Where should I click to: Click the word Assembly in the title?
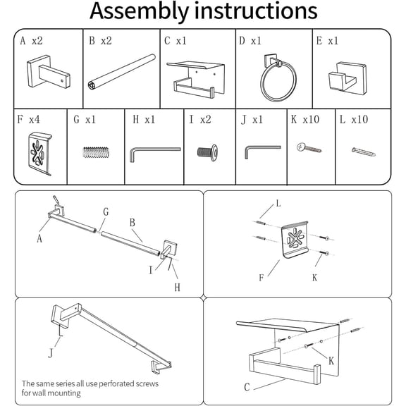139,11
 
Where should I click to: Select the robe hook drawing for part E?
347,77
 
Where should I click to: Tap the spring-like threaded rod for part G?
96,152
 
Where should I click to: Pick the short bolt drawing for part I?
207,152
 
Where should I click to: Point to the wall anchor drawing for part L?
364,152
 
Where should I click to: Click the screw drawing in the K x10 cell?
309,148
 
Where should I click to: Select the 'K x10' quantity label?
304,119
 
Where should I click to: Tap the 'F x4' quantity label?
28,119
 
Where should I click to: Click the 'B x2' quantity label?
100,41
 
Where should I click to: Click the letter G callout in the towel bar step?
106,211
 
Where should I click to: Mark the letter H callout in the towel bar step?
177,287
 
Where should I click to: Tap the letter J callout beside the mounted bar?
51,353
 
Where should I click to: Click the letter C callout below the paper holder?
247,388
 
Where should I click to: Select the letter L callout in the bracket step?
278,204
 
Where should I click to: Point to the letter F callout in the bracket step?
262,278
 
